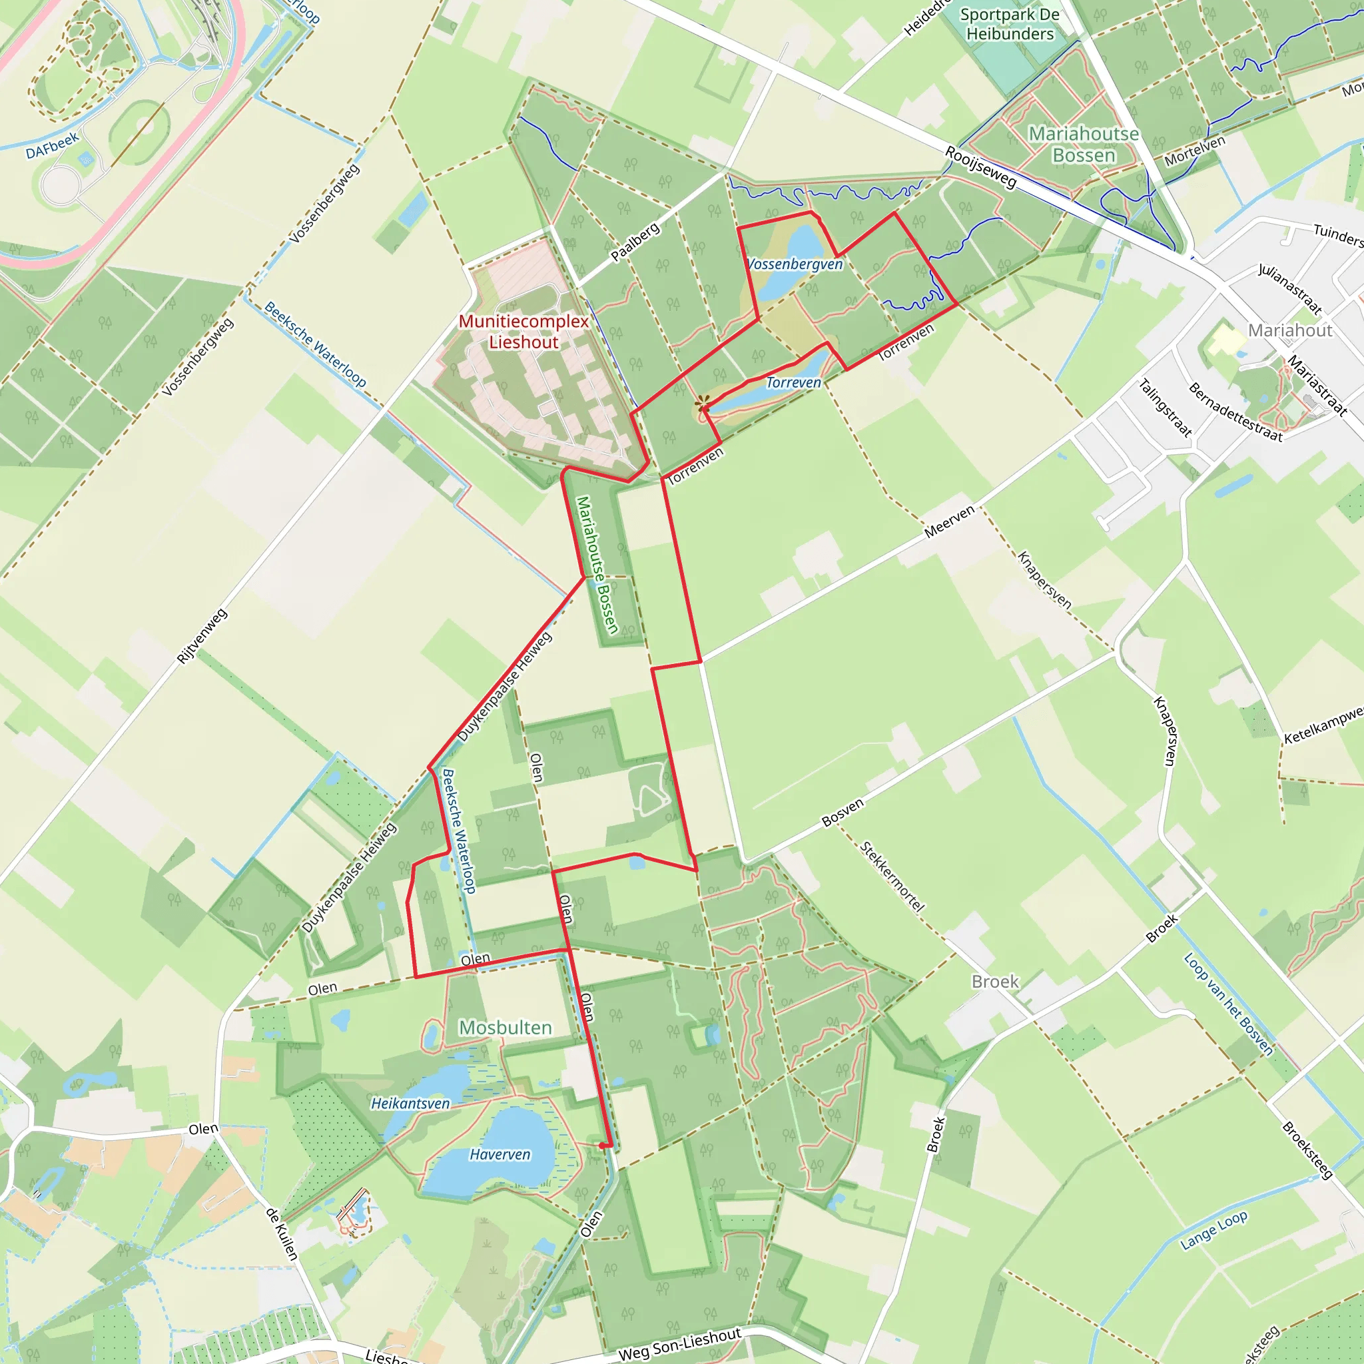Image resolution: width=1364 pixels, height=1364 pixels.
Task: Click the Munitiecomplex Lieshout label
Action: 523,331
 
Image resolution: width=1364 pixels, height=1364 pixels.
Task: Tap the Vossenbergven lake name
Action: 795,264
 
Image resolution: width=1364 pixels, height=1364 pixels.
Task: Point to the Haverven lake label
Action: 500,1154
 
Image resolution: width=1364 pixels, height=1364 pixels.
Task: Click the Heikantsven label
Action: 410,1103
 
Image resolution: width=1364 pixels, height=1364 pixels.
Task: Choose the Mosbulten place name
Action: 506,1027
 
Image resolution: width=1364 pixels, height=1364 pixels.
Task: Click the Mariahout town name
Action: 1290,330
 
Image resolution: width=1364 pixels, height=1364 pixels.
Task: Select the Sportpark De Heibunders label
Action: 1010,24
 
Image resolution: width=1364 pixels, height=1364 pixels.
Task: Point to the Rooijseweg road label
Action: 981,167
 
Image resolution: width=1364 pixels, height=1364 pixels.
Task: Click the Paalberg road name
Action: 635,242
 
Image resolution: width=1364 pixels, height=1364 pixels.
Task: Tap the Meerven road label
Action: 950,521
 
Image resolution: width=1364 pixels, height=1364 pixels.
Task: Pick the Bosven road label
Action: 843,813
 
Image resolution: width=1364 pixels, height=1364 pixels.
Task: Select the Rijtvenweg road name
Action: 202,636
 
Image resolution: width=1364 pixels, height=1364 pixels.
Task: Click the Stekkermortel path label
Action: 892,876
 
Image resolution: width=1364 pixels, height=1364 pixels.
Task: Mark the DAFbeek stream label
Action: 52,146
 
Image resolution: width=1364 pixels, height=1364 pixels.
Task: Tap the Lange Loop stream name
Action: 1213,1230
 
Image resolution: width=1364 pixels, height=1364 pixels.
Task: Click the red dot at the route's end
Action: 601,1146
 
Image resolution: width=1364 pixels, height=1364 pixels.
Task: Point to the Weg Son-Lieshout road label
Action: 679,1343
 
